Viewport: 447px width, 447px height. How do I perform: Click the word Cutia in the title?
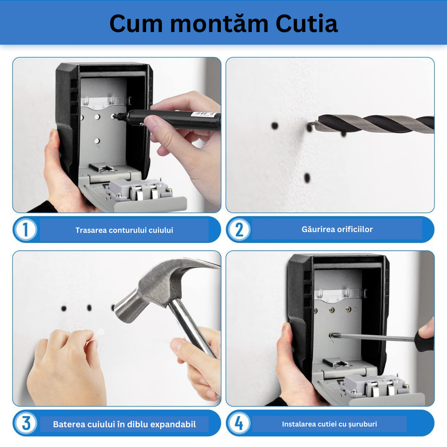click(x=307, y=23)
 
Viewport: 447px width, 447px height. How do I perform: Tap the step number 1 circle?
click(x=26, y=230)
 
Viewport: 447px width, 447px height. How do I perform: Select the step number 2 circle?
click(x=239, y=230)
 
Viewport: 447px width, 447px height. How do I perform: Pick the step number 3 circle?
click(x=26, y=423)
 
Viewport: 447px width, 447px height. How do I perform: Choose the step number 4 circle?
click(x=239, y=423)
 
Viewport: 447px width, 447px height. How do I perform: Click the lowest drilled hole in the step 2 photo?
click(x=307, y=178)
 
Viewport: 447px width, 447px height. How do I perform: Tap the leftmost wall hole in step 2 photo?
click(x=275, y=126)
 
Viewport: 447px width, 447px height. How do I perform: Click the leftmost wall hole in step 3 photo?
click(x=64, y=308)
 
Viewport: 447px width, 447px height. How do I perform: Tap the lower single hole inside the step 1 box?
click(x=97, y=141)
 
